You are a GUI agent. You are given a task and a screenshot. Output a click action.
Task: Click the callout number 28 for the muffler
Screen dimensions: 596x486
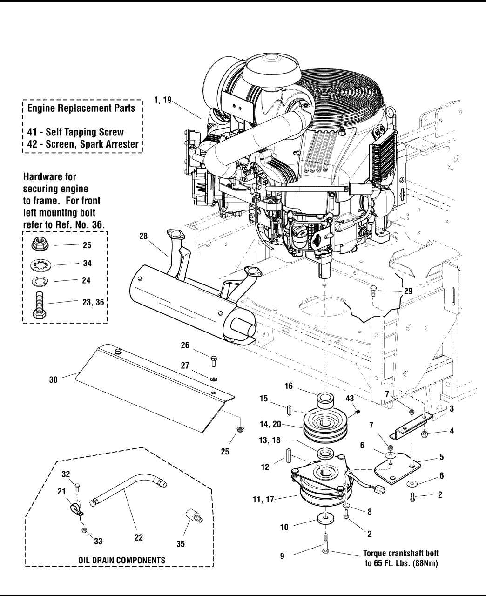click(143, 237)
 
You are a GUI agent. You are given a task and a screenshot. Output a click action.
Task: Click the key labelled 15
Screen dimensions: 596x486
click(289, 410)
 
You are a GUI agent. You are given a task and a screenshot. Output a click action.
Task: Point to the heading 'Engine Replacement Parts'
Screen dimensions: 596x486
click(81, 108)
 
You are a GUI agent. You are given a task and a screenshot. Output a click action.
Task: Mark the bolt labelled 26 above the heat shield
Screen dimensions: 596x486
click(213, 360)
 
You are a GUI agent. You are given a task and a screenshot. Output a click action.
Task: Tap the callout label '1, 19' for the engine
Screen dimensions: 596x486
click(163, 99)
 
